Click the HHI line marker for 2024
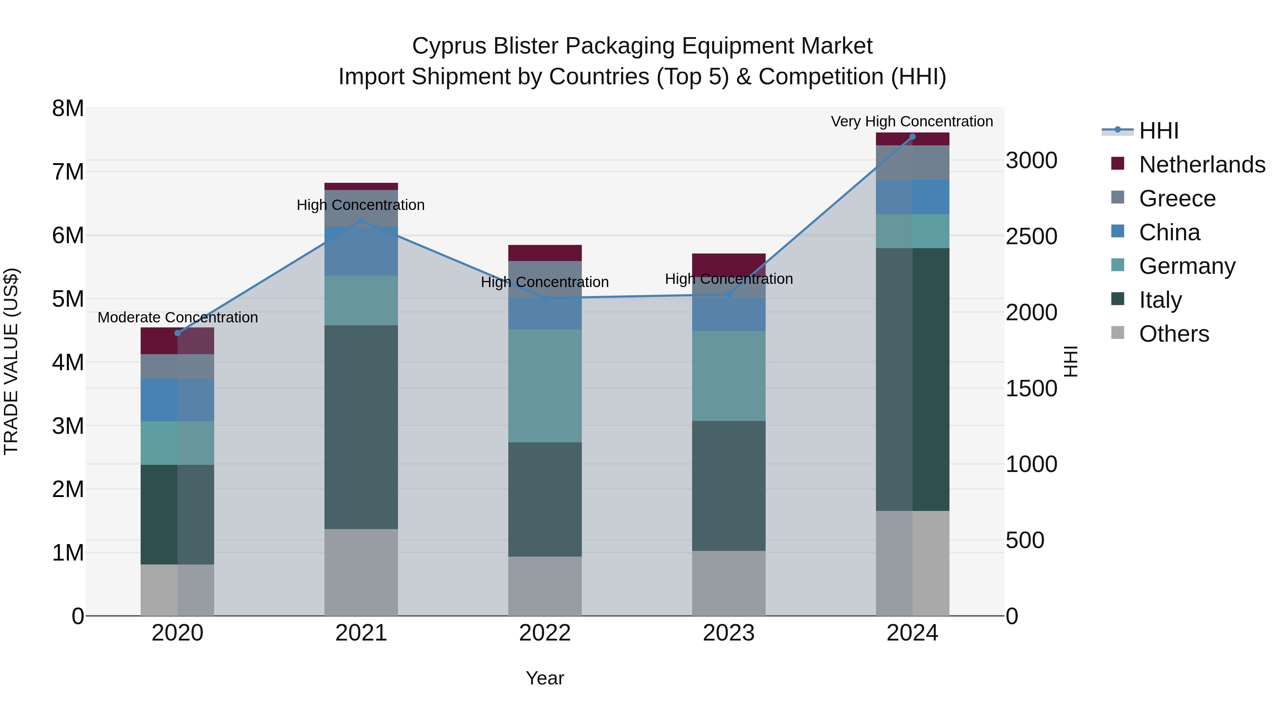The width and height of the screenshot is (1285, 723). pos(912,137)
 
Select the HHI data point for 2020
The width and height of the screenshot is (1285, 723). pos(178,333)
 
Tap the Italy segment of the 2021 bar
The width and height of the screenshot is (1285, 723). pos(361,427)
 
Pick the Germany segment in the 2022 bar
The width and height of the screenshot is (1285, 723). pos(545,385)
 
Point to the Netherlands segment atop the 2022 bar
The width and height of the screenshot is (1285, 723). pos(545,253)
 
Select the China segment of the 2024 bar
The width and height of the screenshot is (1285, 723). pos(912,197)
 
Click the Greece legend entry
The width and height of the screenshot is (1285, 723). pos(1177,199)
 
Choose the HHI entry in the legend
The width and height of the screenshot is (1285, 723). pos(1159,131)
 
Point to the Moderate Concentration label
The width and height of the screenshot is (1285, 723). pos(178,317)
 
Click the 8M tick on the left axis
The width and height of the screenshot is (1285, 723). pos(68,109)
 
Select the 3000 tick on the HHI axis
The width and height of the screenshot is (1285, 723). pos(1031,161)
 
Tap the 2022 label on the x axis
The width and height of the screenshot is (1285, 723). pos(545,633)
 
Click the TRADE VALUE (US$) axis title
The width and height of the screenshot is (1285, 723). pos(11,361)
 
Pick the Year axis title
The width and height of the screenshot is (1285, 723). pos(545,678)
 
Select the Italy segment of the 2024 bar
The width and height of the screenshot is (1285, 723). pos(912,379)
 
